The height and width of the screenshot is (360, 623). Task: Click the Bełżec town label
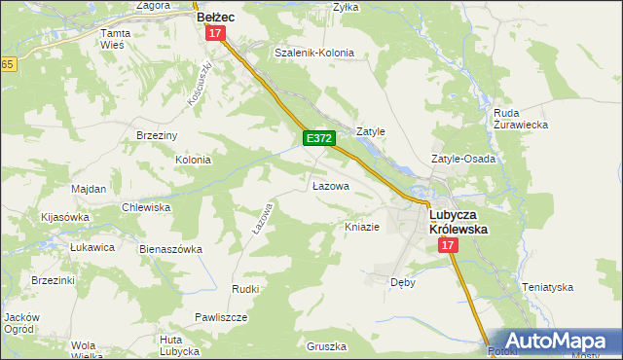click(217, 17)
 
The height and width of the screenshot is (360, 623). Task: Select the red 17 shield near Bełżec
click(216, 33)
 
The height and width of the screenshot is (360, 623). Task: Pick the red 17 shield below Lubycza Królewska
click(448, 246)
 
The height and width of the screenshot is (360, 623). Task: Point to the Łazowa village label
click(330, 185)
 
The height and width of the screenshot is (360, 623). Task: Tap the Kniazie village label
click(361, 227)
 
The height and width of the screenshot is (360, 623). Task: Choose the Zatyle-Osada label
click(463, 159)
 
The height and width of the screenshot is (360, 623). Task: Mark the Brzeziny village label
click(156, 135)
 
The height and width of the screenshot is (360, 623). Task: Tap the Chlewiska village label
click(146, 207)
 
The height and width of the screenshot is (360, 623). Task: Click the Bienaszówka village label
click(170, 249)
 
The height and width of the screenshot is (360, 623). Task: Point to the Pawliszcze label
click(221, 317)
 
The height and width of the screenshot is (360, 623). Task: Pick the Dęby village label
click(403, 281)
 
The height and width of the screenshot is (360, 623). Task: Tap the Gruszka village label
click(326, 346)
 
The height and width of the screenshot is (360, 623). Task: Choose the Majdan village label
click(89, 188)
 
